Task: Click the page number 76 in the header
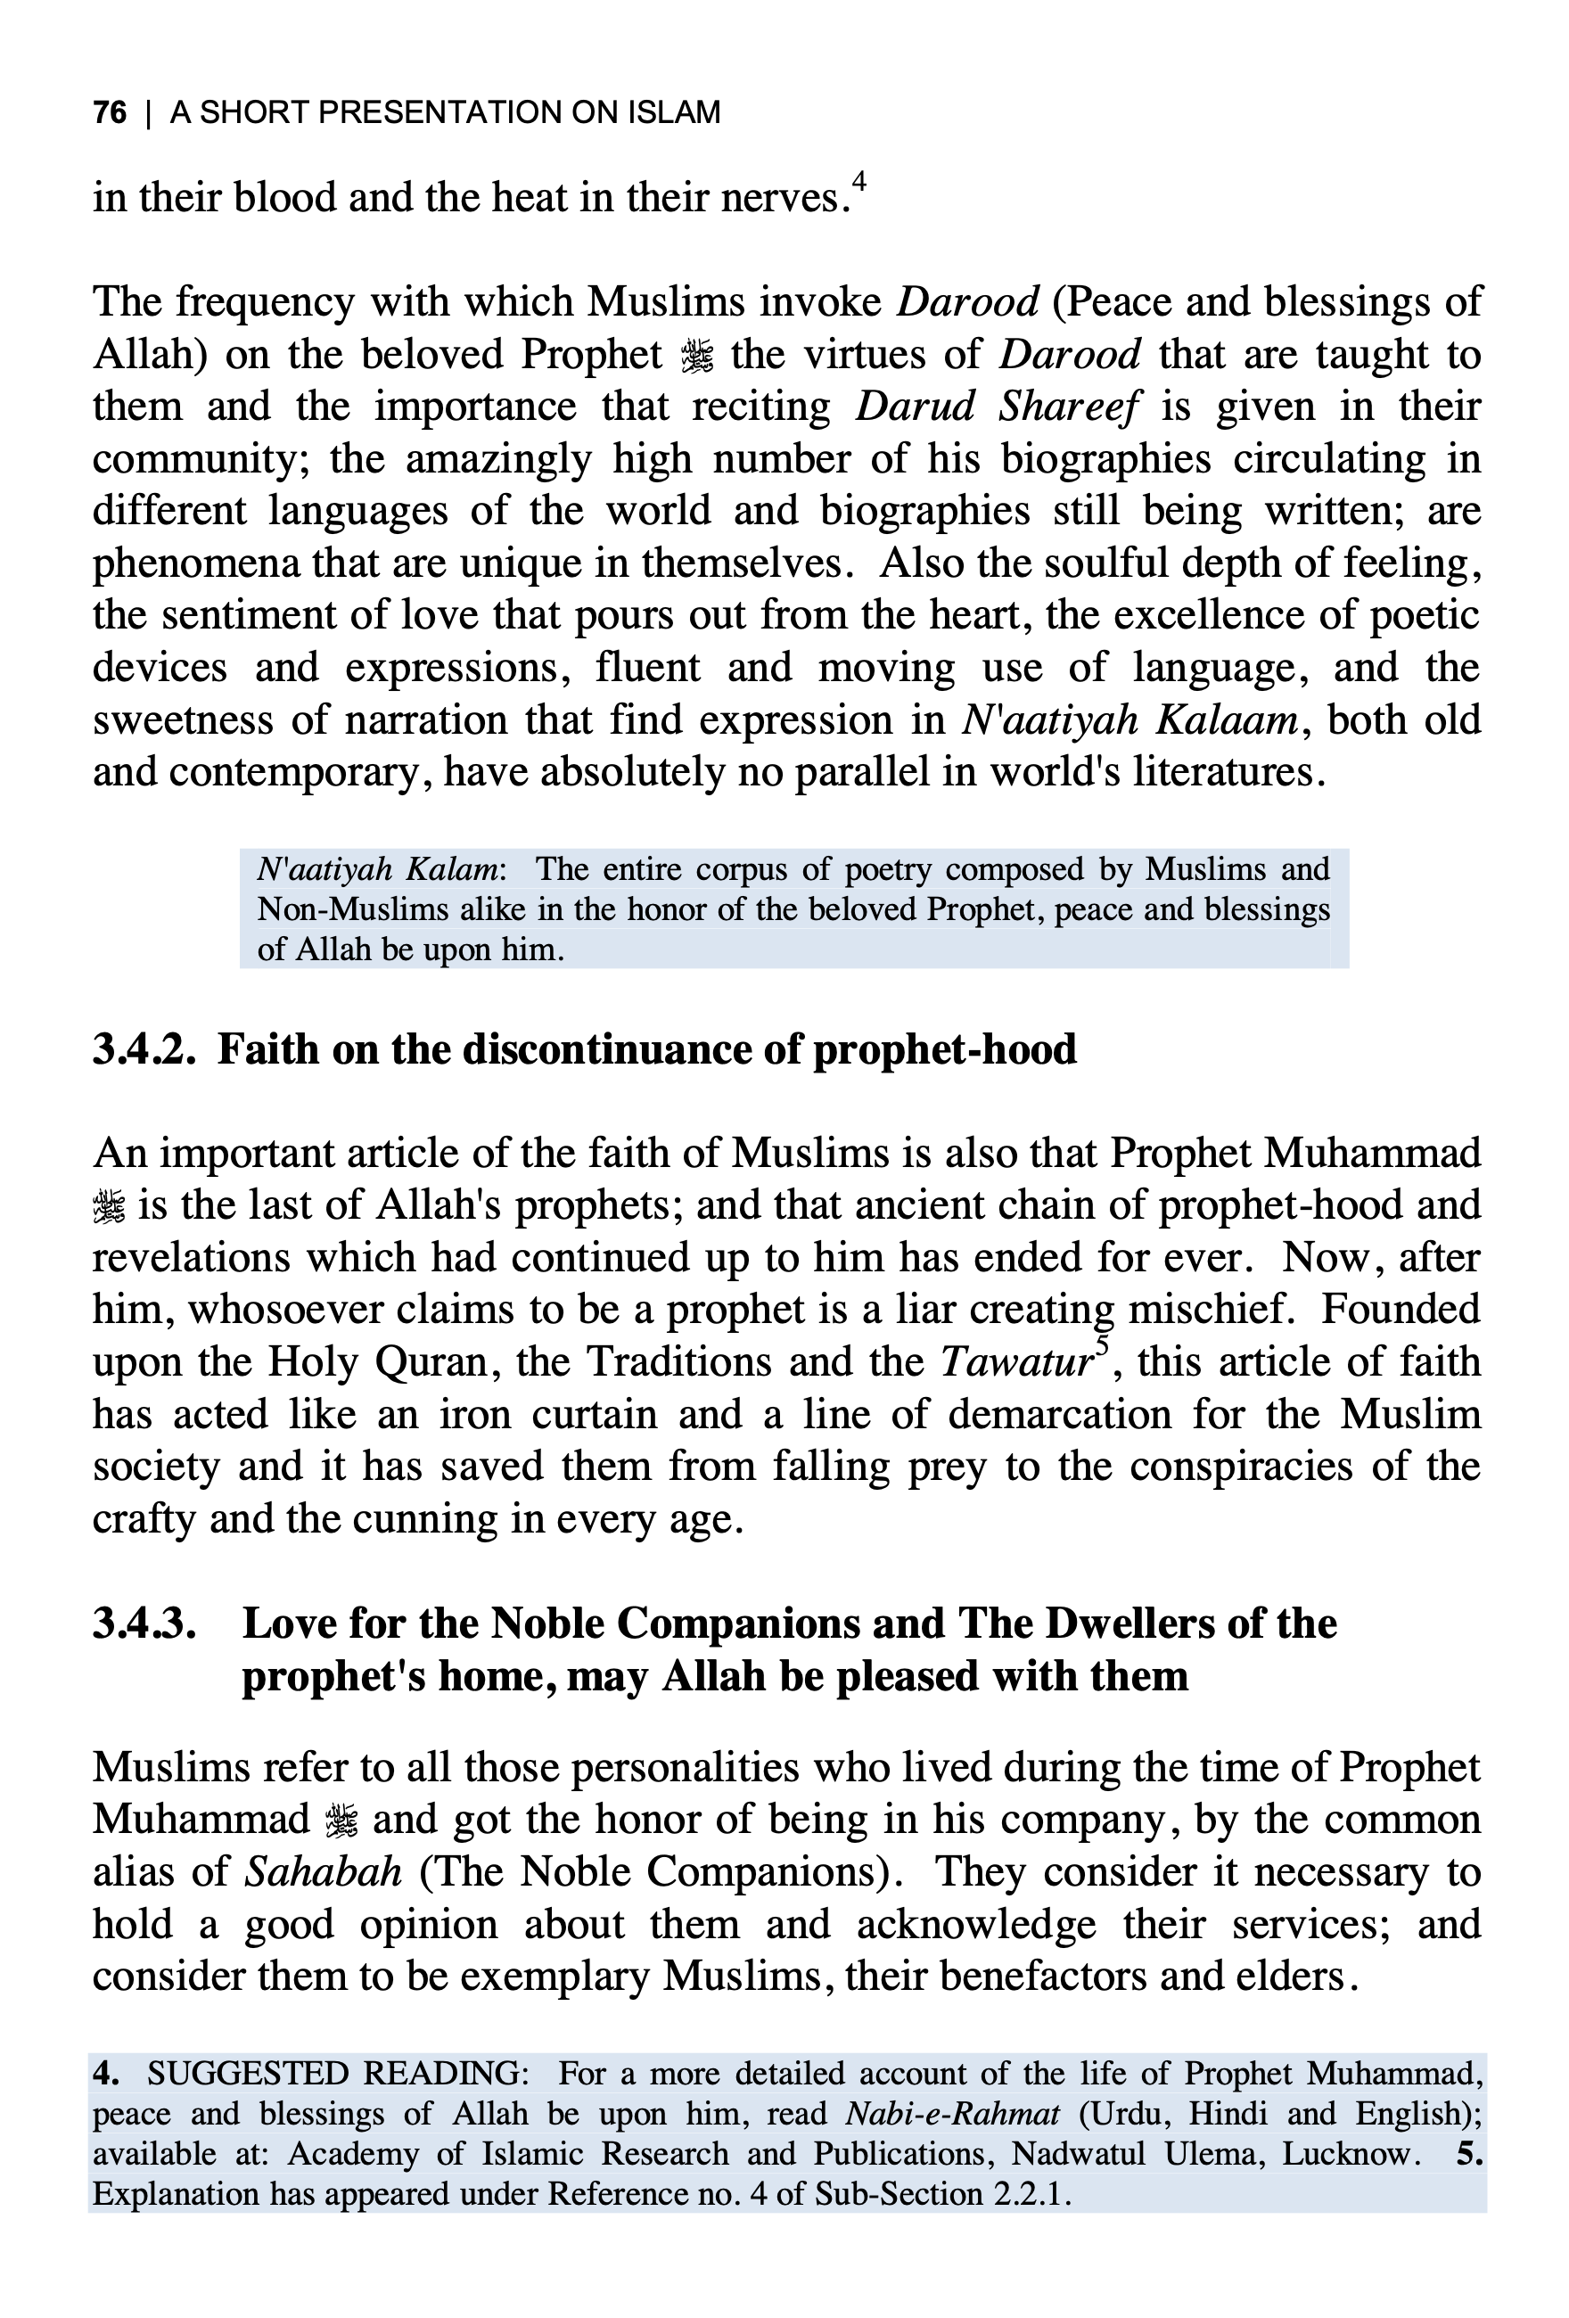pyautogui.click(x=110, y=112)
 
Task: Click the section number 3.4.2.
pyautogui.click(x=144, y=1050)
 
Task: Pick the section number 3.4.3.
pyautogui.click(x=144, y=1623)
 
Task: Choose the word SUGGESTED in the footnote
pyautogui.click(x=246, y=2075)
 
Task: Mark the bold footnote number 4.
pyautogui.click(x=106, y=2075)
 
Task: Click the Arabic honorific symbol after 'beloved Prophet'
pyautogui.click(x=696, y=356)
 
